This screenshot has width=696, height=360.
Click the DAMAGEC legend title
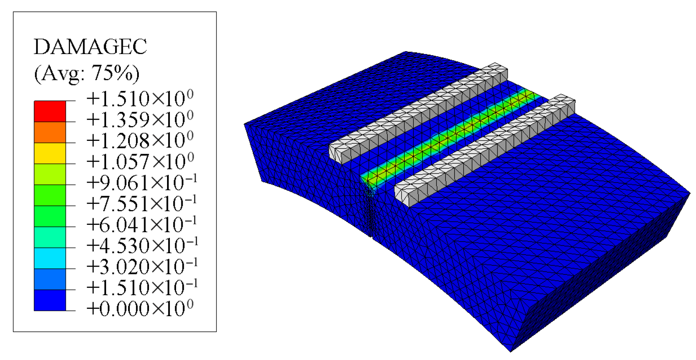coord(90,47)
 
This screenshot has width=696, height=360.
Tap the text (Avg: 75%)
coord(87,74)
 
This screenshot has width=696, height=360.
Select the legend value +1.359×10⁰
coord(140,119)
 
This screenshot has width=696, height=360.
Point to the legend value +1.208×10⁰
coord(140,140)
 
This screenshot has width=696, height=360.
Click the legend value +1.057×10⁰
coord(140,161)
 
